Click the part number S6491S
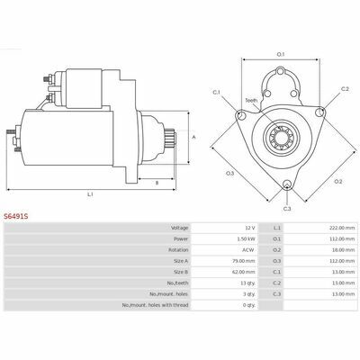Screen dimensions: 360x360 click(16, 216)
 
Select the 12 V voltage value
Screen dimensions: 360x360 click(250, 228)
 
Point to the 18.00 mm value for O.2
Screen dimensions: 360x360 click(344, 250)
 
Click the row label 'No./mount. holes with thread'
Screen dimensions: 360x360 click(156, 305)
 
